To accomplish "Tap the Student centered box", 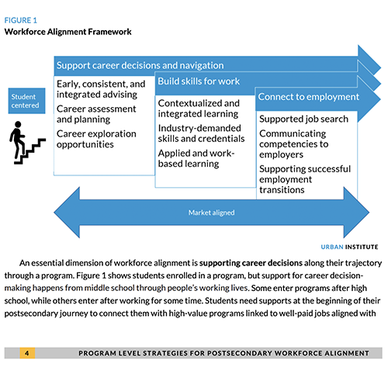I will pos(23,101).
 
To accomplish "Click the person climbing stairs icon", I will pos(23,144).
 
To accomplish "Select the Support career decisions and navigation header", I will pos(140,64).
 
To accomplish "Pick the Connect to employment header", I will pos(308,97).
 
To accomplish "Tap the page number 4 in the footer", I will pos(26,354).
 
